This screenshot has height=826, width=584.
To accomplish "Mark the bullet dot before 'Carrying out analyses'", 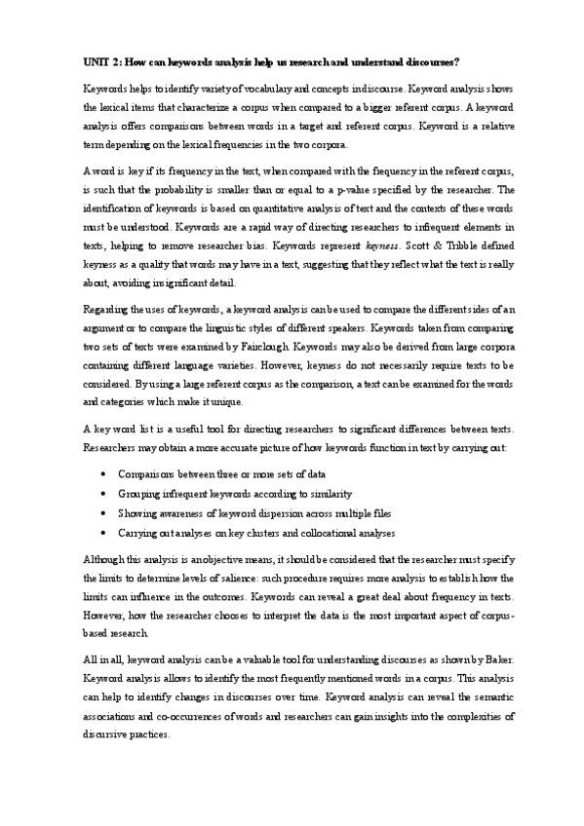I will [104, 533].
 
